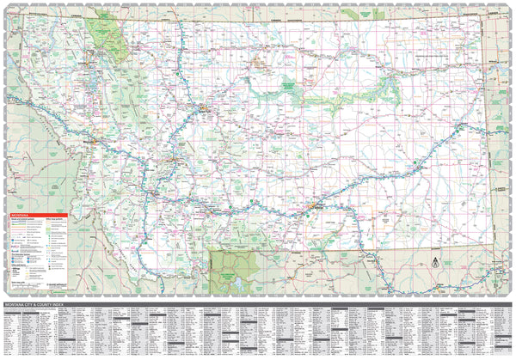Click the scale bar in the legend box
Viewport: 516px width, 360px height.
(21, 284)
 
